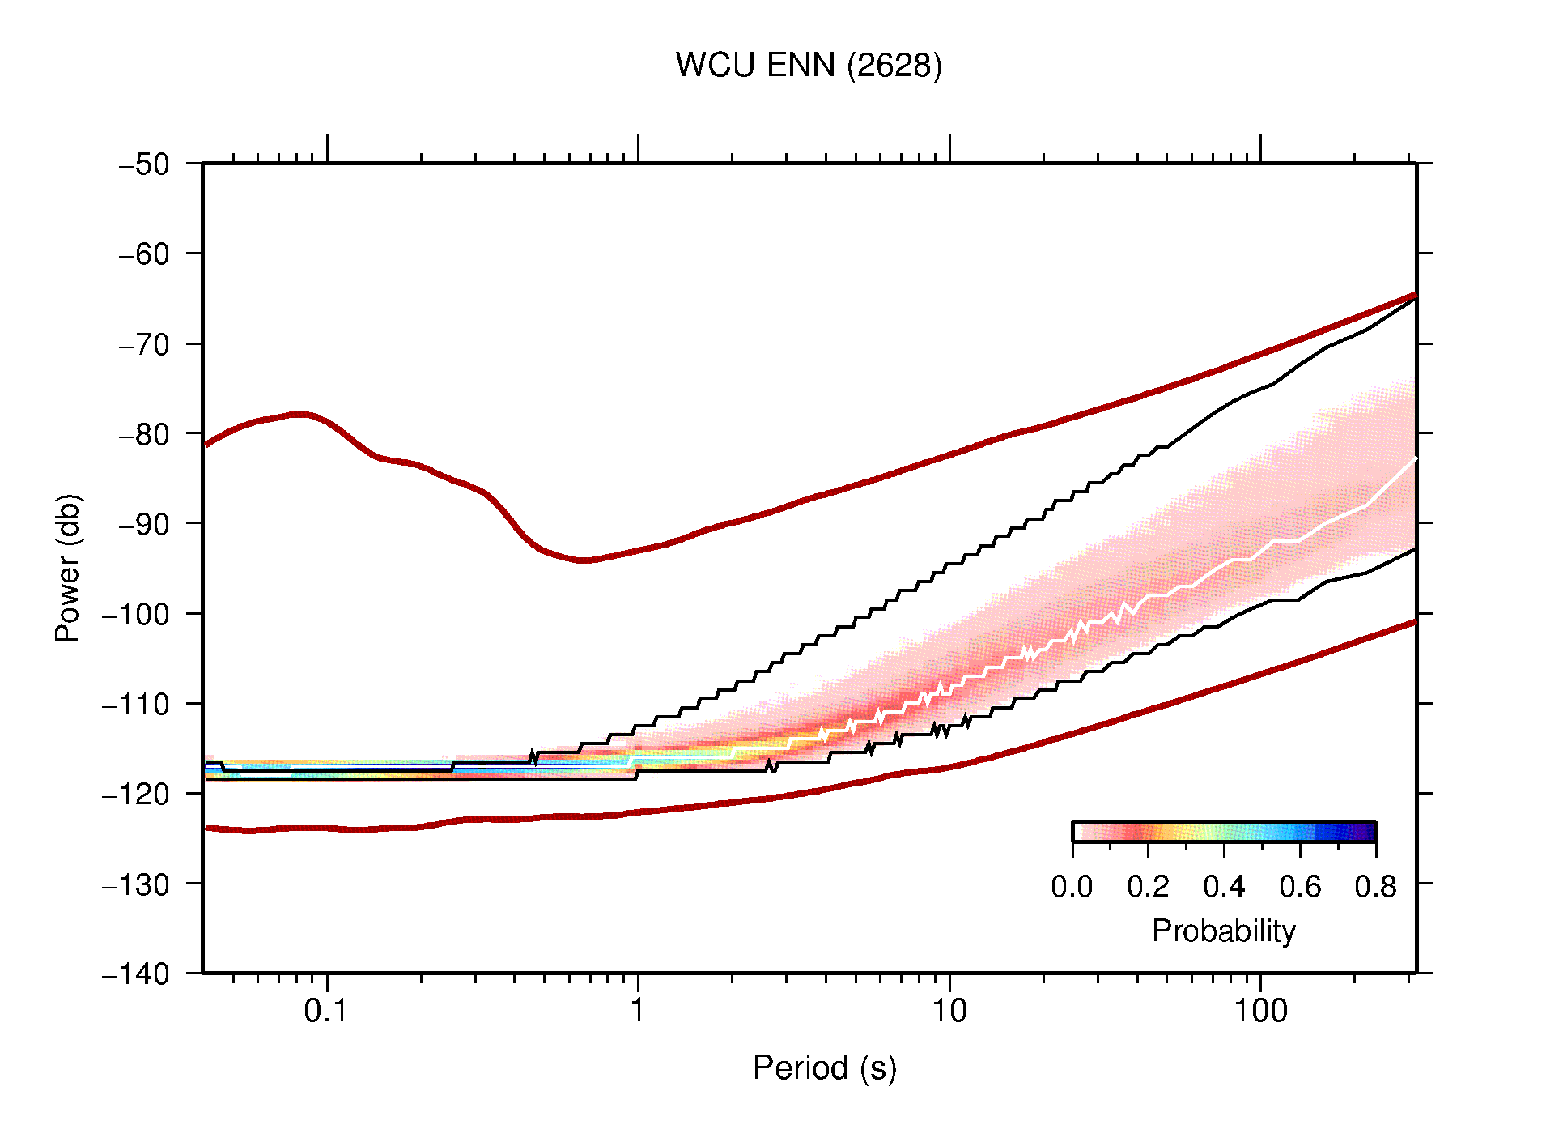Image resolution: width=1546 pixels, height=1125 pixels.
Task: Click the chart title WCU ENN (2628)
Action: click(809, 66)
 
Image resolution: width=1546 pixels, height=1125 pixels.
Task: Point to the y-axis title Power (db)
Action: click(68, 568)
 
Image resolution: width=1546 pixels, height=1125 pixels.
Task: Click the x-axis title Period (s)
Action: click(824, 1068)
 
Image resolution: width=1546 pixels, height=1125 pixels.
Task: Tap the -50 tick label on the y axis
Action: click(144, 164)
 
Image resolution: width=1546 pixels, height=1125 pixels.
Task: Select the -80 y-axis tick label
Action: click(144, 434)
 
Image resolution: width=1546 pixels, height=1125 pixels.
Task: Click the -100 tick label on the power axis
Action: click(136, 614)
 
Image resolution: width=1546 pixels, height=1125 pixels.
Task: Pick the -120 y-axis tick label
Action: click(136, 794)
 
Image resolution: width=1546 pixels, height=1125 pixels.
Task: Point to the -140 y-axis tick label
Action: click(136, 974)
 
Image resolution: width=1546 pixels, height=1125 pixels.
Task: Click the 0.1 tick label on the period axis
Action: click(326, 1011)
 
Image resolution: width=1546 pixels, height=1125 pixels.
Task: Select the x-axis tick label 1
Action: click(638, 1011)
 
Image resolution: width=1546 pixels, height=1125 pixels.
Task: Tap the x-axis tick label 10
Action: click(949, 1011)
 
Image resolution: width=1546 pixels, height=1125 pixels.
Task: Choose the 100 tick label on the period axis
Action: click(1260, 1011)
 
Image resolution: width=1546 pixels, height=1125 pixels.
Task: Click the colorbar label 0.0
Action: click(1072, 887)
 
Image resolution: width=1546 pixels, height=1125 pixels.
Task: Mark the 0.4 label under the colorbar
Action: click(1224, 887)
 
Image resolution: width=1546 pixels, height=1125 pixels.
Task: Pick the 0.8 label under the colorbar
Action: click(1375, 887)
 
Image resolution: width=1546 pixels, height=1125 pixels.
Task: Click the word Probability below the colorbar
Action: click(1223, 931)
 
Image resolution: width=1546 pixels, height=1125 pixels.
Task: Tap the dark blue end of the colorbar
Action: click(1368, 832)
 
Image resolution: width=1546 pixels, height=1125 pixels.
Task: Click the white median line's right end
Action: click(1414, 459)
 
